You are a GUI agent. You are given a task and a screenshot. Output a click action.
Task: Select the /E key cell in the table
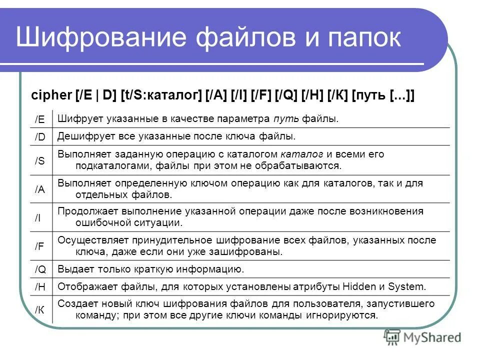40,119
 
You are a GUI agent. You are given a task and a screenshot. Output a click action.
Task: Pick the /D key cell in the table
40,136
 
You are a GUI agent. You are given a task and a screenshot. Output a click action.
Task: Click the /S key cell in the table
40,160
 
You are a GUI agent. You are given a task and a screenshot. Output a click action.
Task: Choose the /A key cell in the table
40,189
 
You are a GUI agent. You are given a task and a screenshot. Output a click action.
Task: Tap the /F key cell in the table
40,246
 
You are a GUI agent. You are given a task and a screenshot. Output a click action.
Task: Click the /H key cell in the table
40,287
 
